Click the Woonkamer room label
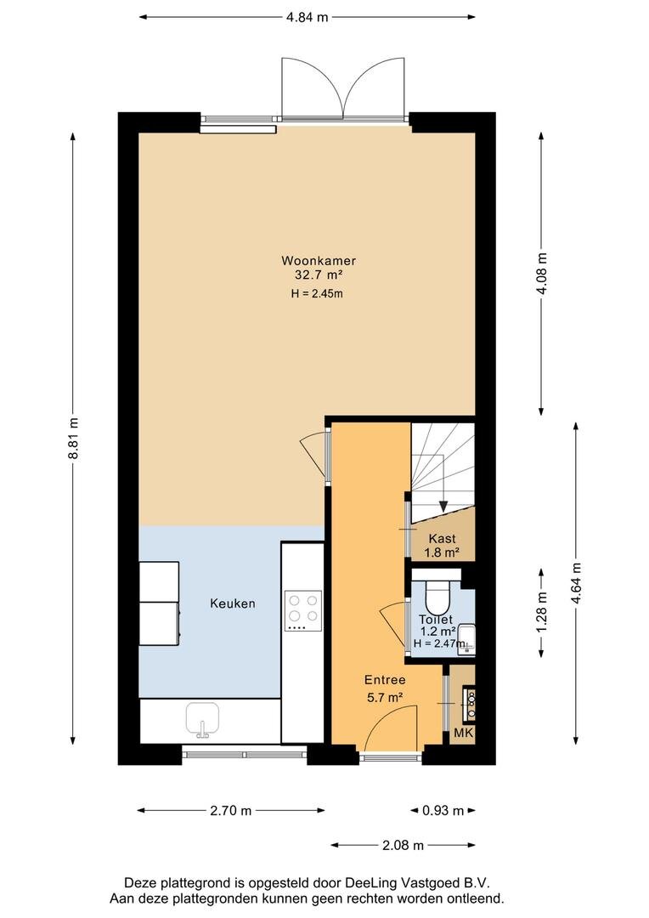point(319,261)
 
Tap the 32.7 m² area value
point(319,275)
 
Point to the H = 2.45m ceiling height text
point(317,294)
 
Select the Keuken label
point(233,603)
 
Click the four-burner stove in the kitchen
point(303,610)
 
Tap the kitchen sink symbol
point(202,719)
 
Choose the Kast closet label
point(442,539)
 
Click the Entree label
point(385,680)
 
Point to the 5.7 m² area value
point(385,697)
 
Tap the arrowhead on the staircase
point(443,507)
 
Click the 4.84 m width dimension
point(308,17)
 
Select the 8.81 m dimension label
point(74,439)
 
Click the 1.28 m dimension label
point(542,613)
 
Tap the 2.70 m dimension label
point(230,811)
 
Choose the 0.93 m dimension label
point(443,811)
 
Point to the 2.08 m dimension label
point(404,846)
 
